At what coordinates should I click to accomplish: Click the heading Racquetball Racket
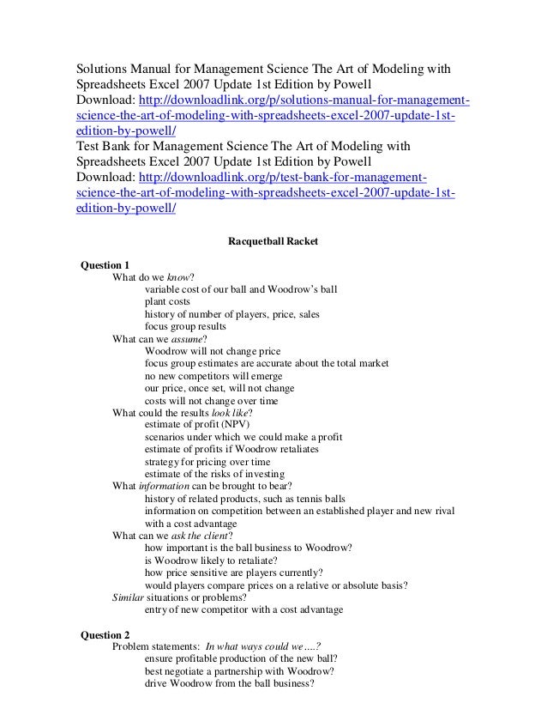pos(272,242)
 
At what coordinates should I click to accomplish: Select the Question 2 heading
pos(105,636)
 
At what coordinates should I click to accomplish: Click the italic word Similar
pos(129,598)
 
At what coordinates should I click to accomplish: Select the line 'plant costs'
pos(168,302)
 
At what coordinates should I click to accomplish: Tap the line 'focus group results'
pos(185,327)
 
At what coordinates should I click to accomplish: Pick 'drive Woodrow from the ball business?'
pos(230,685)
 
